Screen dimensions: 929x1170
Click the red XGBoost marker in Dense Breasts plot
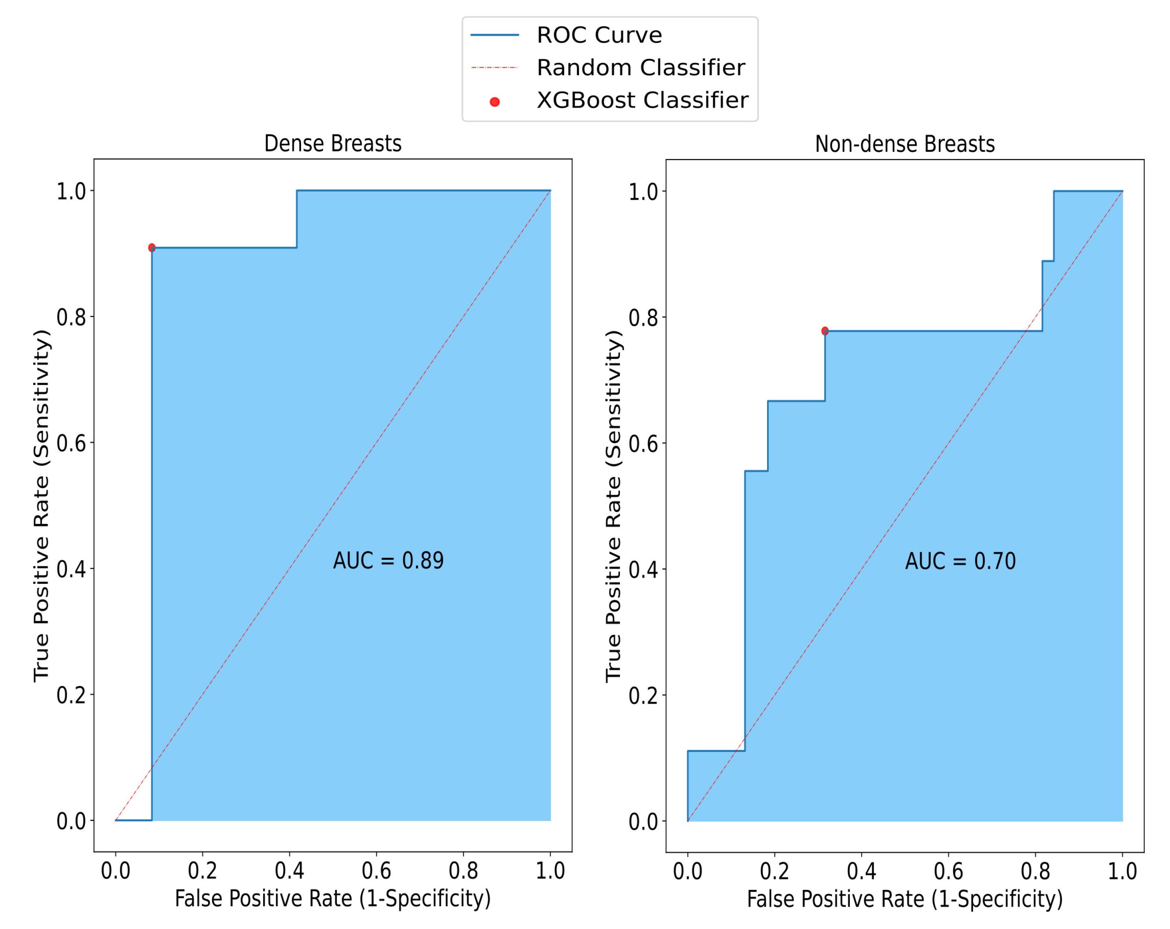pyautogui.click(x=152, y=247)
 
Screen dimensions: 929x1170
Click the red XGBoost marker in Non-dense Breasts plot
pyautogui.click(x=825, y=331)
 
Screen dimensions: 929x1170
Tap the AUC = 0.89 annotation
pyautogui.click(x=388, y=561)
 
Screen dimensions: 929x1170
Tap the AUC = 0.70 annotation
pyautogui.click(x=960, y=561)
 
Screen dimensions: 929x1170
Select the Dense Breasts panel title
pyautogui.click(x=333, y=144)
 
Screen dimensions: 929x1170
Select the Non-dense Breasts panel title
pyautogui.click(x=905, y=144)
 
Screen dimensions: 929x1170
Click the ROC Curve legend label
pyautogui.click(x=599, y=35)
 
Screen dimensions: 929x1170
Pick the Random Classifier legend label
pyautogui.click(x=640, y=68)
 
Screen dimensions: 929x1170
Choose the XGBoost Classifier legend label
pyautogui.click(x=642, y=100)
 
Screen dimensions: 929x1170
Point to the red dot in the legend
pyautogui.click(x=494, y=102)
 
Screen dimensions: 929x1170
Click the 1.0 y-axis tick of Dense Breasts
pyautogui.click(x=71, y=191)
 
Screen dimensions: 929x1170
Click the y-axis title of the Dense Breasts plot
pyautogui.click(x=41, y=506)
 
